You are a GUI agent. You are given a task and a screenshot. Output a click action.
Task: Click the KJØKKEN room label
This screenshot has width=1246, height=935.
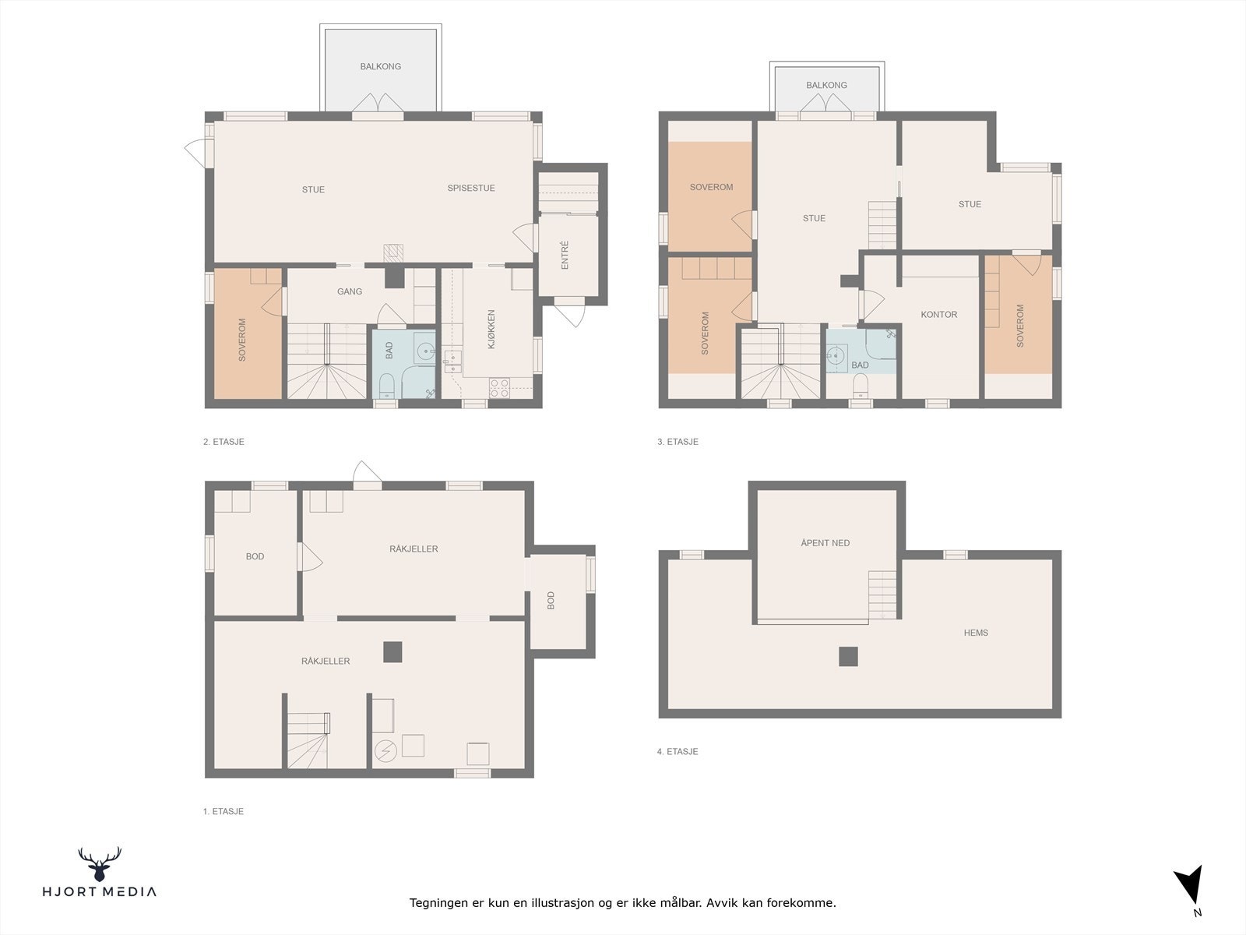491,330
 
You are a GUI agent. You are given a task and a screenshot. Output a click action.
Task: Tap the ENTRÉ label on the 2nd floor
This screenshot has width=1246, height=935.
565,255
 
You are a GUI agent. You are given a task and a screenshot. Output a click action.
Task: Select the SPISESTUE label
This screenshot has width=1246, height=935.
471,188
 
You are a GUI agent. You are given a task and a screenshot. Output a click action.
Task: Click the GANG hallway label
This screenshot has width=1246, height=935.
350,291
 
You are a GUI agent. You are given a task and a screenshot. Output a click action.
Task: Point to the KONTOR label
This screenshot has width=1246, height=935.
939,315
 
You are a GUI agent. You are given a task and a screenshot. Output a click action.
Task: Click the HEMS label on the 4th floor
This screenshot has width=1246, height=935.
976,633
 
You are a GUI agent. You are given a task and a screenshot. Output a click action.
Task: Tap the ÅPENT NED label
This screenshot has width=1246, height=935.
825,543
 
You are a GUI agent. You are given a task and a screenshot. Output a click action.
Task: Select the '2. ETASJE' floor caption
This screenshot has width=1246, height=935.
224,442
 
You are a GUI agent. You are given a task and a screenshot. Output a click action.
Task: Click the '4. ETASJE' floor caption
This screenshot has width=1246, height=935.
678,751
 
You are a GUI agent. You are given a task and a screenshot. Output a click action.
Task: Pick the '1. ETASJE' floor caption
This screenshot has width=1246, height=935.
223,811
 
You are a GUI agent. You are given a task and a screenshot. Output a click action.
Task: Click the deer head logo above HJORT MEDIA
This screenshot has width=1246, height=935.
100,864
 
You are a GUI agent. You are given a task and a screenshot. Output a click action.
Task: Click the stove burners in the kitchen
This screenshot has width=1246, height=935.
499,388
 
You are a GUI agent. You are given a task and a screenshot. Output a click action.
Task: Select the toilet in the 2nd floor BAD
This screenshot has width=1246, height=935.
386,386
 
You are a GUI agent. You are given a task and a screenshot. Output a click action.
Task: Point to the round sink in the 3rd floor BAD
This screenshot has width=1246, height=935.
835,357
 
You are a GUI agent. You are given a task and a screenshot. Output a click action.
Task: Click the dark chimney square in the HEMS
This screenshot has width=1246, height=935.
849,657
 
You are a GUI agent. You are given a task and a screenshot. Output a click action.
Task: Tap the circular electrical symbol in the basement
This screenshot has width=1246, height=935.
385,752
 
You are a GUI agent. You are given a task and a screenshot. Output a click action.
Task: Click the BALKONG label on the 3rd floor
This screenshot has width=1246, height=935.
826,85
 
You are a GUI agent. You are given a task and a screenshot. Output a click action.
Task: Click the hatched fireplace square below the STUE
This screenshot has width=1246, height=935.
393,252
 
